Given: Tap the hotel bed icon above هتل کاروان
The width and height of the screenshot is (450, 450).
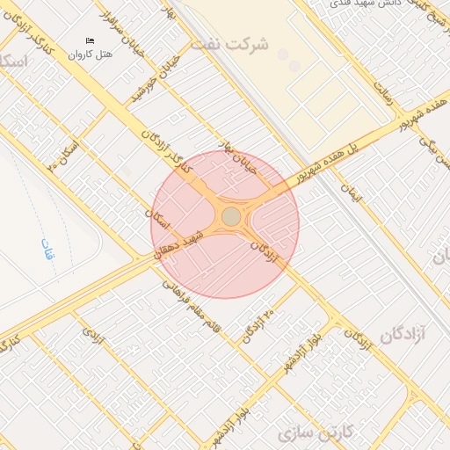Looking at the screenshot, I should [90, 40].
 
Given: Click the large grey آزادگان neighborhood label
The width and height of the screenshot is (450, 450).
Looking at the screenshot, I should [406, 334].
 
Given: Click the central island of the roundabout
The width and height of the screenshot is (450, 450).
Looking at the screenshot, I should [231, 216].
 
